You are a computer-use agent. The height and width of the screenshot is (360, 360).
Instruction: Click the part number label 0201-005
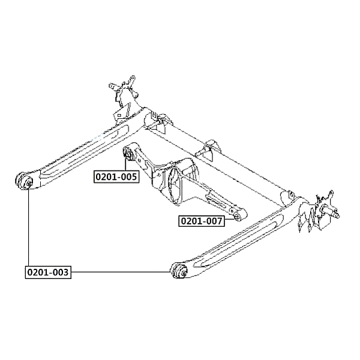click(x=116, y=176)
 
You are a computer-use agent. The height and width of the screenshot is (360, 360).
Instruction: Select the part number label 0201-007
click(x=202, y=221)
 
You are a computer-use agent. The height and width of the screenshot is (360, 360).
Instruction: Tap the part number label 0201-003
click(x=48, y=272)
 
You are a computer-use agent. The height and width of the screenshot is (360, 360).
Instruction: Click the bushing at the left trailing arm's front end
click(x=24, y=181)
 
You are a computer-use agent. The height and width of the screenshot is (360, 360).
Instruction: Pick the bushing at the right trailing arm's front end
click(x=179, y=271)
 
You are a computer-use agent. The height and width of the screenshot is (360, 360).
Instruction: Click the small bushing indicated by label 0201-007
click(x=237, y=216)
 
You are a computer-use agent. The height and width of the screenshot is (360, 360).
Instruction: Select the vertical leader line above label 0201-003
click(x=28, y=228)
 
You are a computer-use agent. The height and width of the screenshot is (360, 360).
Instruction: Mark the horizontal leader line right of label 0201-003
click(x=121, y=272)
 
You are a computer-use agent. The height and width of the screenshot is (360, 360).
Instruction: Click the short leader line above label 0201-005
click(x=126, y=164)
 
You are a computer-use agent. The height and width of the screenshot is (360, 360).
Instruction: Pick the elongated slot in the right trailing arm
click(x=239, y=239)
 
